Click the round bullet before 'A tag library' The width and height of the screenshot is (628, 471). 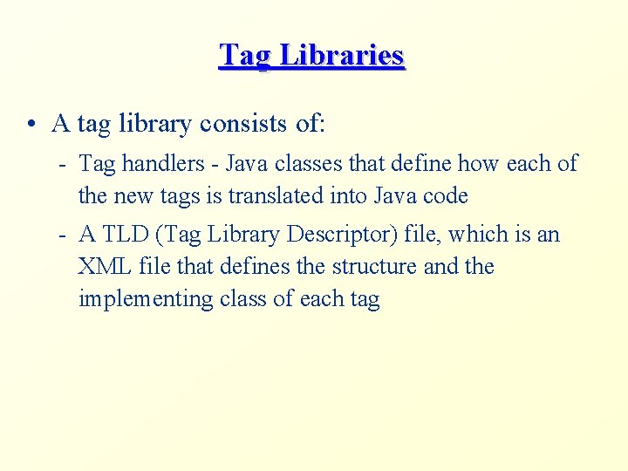click(31, 124)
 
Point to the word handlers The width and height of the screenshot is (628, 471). click(153, 163)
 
